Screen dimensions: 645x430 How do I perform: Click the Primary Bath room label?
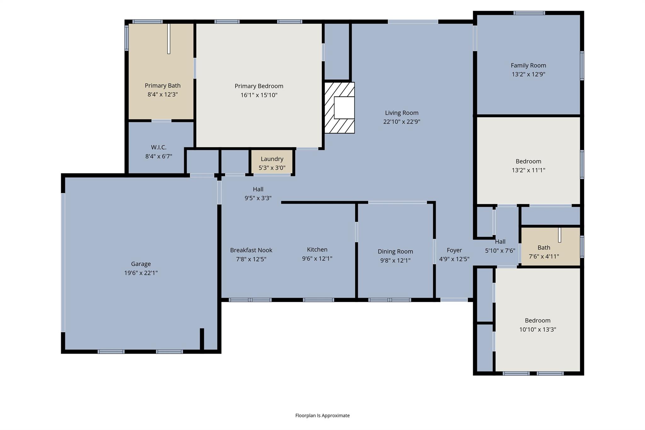[163, 85]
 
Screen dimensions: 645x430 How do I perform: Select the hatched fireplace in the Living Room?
[340, 108]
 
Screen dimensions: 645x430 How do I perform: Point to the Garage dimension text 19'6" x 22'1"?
[141, 273]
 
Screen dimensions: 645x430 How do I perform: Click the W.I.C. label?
[159, 147]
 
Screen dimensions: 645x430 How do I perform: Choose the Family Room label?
[528, 65]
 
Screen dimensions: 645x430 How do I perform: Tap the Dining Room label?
[395, 251]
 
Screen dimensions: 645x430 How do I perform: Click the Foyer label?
[454, 250]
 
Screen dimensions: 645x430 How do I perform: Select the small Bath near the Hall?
[551, 246]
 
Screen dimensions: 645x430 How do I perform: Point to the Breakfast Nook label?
[251, 250]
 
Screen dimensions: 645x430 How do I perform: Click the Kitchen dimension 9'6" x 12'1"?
[317, 259]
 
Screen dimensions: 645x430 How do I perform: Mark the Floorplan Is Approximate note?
[322, 416]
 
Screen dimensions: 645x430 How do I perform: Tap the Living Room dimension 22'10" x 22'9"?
[402, 122]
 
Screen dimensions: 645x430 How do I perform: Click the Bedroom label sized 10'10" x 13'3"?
[538, 320]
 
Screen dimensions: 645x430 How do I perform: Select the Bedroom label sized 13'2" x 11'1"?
[528, 161]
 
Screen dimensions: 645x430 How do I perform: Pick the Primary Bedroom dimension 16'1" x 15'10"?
[259, 95]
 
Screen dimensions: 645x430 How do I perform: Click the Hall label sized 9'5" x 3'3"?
[258, 189]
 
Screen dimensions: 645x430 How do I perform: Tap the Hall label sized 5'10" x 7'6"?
[500, 242]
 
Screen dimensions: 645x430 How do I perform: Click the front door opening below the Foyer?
[454, 300]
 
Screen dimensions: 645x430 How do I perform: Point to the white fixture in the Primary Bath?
[169, 39]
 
